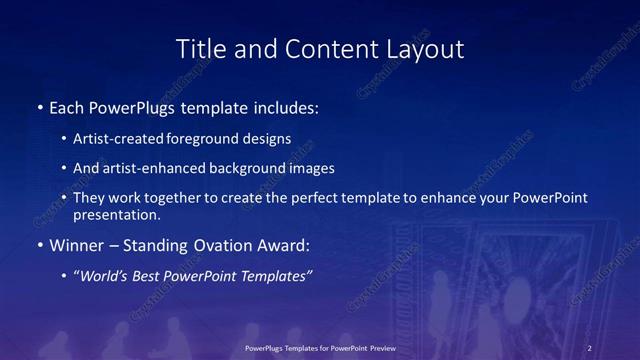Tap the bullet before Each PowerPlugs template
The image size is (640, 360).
point(39,106)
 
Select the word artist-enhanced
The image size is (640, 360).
point(151,168)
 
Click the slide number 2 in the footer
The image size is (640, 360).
point(590,348)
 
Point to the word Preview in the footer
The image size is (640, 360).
point(380,348)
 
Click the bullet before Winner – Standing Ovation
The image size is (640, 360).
point(39,245)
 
